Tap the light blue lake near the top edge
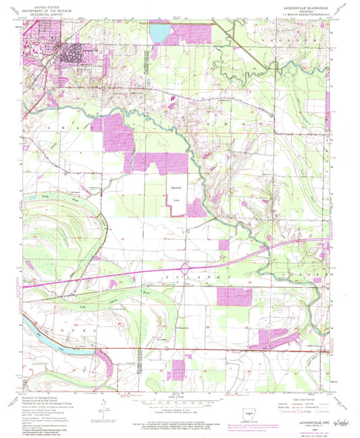pos(161,32)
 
